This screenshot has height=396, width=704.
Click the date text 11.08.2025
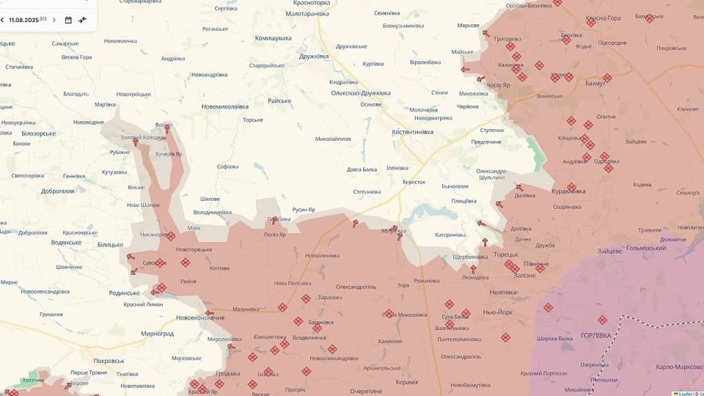[23, 20]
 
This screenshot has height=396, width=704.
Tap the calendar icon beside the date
[68, 20]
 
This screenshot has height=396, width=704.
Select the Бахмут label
[595, 84]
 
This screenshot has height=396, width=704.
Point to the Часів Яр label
[499, 86]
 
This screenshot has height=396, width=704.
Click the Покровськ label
[109, 361]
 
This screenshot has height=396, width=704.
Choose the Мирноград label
[158, 333]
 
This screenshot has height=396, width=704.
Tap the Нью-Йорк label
[498, 312]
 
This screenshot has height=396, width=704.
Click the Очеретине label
[366, 391]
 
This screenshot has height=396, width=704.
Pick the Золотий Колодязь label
[143, 137]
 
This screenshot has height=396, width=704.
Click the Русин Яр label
[304, 210]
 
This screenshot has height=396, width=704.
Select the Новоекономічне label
[200, 318]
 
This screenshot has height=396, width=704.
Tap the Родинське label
[125, 293]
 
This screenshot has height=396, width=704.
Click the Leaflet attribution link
[685, 393]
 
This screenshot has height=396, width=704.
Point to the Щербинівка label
[471, 257]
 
